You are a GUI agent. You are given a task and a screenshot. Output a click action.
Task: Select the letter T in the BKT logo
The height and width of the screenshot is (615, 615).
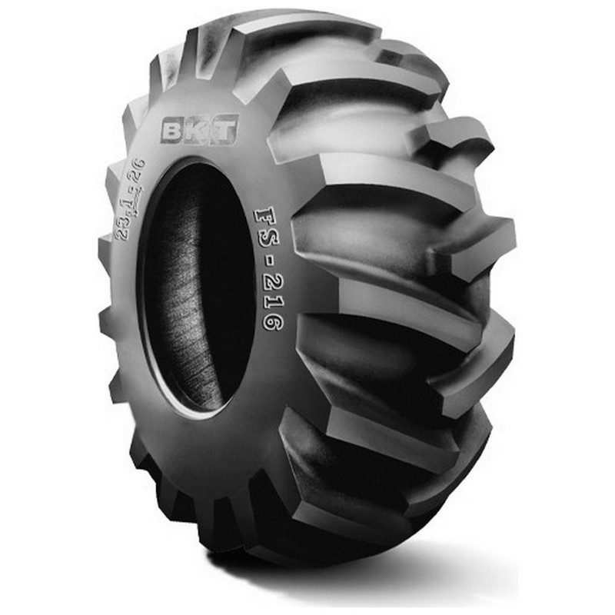[x=224, y=128]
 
